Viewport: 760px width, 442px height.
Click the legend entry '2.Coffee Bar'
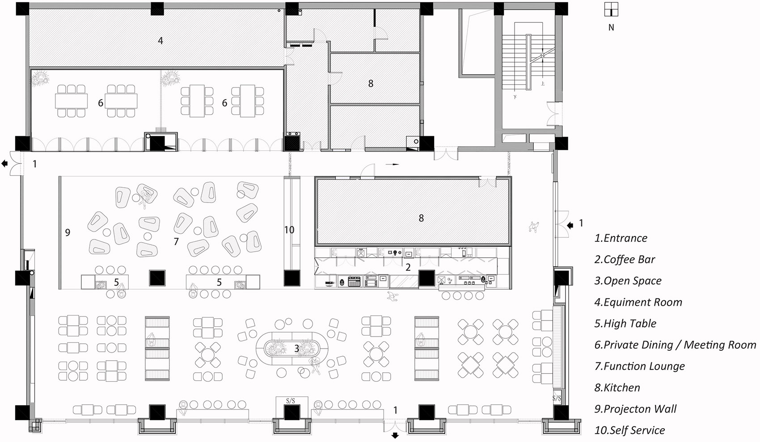tap(625, 260)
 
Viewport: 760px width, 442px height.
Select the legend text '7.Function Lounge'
tap(640, 366)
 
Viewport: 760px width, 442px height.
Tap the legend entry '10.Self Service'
tap(630, 430)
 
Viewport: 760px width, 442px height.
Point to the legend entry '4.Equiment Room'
tap(638, 302)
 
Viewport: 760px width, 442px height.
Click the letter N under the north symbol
tap(611, 27)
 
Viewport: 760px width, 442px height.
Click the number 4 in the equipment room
tap(160, 41)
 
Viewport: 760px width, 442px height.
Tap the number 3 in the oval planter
tap(296, 349)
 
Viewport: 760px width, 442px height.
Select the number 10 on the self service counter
tap(289, 230)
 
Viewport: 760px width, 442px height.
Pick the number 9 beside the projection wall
tap(68, 232)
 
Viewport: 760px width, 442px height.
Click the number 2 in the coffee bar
tap(408, 267)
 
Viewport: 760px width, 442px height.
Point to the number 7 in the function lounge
tap(176, 241)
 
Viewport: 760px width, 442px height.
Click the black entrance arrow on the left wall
tap(4, 164)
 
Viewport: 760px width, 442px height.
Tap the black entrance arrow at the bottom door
tap(395, 436)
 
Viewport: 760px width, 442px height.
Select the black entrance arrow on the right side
tap(570, 225)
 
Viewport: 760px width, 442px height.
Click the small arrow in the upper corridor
tap(392, 164)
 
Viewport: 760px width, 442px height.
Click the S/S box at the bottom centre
tap(291, 401)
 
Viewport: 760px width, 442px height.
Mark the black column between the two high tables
tap(157, 278)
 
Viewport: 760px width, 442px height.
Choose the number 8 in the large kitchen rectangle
tap(421, 218)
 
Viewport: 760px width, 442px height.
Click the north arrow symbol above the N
tap(611, 9)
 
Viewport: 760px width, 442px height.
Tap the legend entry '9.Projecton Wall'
tap(635, 409)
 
